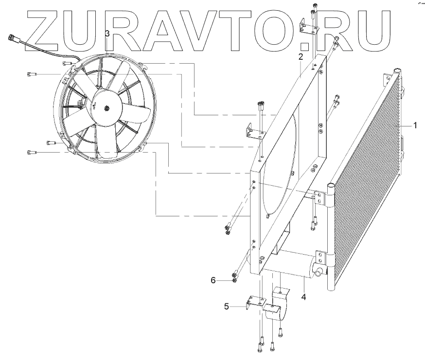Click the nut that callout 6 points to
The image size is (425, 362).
coord(235,280)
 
